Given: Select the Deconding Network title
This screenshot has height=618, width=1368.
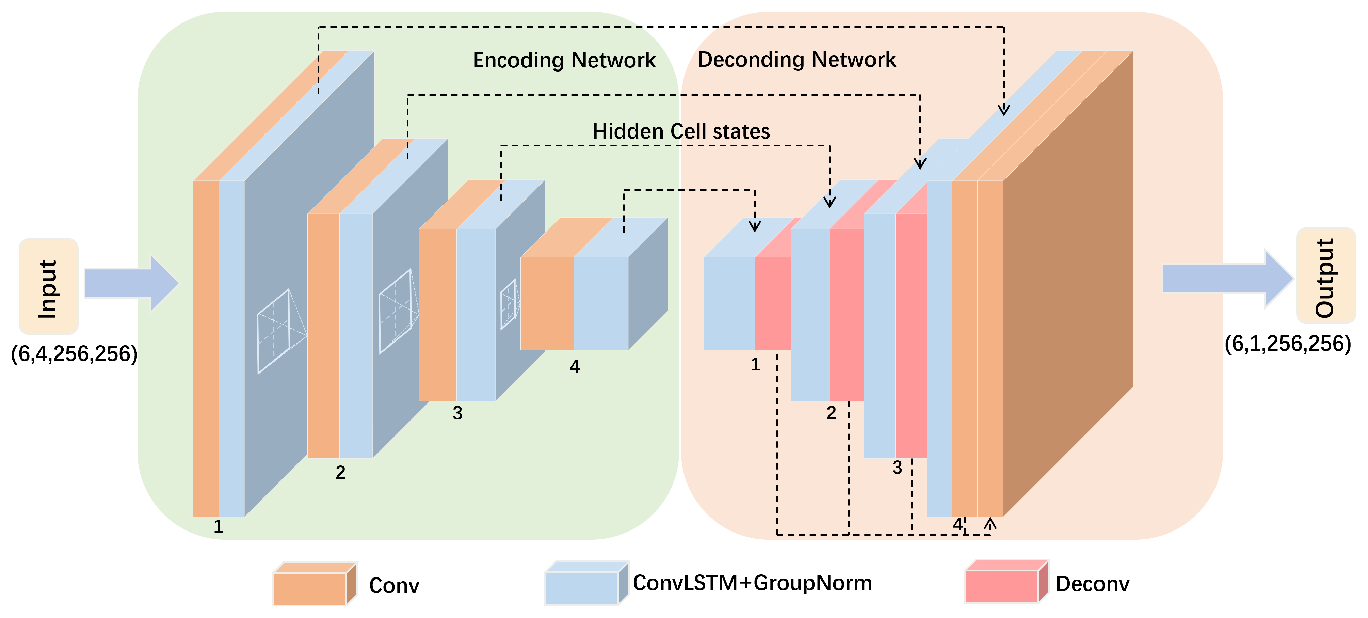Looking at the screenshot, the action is pos(796,60).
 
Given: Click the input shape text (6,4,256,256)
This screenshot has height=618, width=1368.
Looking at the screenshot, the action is pos(74,354).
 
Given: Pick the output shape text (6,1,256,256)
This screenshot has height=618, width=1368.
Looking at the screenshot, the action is pos(1288,344).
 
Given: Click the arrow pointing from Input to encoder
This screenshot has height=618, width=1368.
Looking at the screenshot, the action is pos(132,283).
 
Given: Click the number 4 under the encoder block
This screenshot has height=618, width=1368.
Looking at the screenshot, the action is pos(575,367).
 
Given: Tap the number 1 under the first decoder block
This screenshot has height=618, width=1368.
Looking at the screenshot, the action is pos(756,365).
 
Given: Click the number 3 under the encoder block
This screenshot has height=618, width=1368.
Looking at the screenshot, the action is pos(457,413).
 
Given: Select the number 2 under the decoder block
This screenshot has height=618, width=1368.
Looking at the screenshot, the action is pos(831,413).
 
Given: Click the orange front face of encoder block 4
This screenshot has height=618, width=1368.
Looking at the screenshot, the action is pos(547,303).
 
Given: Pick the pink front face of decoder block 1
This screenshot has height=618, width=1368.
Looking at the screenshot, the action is pos(773,303).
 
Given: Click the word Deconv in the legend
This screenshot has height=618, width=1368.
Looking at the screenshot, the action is pos(1092,584).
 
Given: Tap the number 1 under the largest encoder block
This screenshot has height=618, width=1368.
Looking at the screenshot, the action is pos(218,526).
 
